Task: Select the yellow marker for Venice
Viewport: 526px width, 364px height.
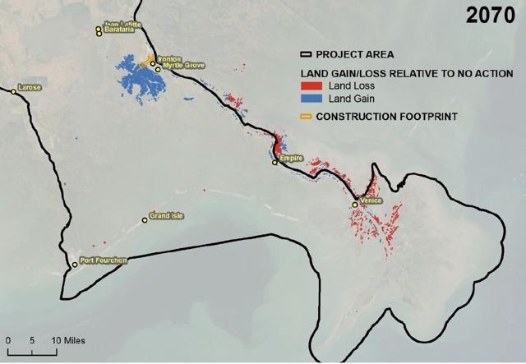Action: click(355, 204)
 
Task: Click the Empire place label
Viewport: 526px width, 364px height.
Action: click(290, 156)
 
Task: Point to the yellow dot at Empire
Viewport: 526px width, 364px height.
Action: click(275, 163)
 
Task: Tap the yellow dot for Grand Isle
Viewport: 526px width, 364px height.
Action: click(145, 221)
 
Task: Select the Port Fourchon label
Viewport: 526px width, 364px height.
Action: click(104, 261)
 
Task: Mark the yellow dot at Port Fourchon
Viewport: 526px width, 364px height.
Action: click(74, 265)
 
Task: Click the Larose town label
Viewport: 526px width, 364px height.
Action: click(28, 86)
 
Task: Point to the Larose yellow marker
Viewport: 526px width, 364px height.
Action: click(12, 92)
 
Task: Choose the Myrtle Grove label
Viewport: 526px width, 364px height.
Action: click(183, 65)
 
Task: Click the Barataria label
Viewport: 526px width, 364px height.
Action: click(118, 31)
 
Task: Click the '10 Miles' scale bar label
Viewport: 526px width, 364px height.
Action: click(70, 340)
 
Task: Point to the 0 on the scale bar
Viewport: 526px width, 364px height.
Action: click(8, 340)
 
